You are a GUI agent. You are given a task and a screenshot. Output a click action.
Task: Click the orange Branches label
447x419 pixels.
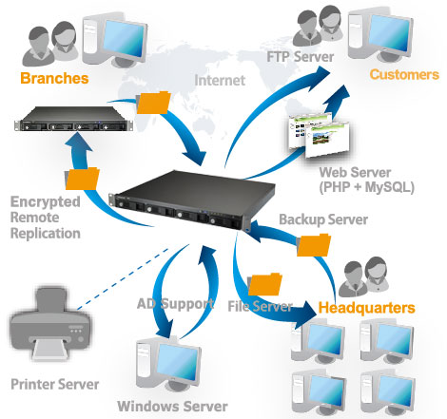(x=54, y=78)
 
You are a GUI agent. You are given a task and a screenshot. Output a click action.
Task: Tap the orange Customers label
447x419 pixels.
(x=404, y=74)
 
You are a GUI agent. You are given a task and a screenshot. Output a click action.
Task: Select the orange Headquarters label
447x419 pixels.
(x=366, y=308)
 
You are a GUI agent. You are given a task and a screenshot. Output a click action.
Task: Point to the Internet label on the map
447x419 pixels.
(x=220, y=80)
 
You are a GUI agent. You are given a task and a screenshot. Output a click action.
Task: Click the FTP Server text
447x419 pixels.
(x=301, y=57)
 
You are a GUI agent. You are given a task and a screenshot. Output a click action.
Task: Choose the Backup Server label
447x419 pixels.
(x=323, y=219)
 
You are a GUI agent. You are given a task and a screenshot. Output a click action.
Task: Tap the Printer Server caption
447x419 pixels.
(x=55, y=384)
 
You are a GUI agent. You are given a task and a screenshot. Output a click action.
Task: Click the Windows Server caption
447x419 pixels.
(x=172, y=407)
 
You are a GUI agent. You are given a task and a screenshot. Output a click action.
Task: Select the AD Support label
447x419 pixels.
(x=175, y=304)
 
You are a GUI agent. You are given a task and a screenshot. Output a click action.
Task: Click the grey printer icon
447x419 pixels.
(x=49, y=325)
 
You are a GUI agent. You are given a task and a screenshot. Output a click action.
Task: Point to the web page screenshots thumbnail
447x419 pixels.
(x=319, y=136)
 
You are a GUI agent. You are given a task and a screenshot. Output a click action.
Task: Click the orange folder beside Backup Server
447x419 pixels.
(x=314, y=245)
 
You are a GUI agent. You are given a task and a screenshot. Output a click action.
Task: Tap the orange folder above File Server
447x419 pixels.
(x=264, y=284)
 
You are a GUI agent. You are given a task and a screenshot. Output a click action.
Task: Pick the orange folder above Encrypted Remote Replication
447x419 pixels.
(x=82, y=179)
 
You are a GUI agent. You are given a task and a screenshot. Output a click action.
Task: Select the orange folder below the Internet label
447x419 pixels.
(x=153, y=103)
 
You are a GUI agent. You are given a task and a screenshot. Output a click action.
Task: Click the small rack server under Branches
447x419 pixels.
(x=73, y=119)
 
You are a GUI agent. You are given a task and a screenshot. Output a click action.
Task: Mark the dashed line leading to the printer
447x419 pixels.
(x=123, y=278)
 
